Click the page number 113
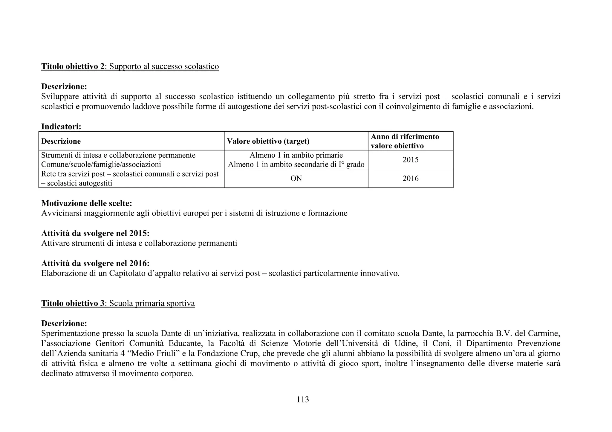tap(302, 399)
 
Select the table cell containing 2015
tap(410, 160)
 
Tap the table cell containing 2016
tap(410, 179)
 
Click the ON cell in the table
tap(296, 179)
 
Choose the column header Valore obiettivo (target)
tap(268, 141)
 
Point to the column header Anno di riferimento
tap(405, 137)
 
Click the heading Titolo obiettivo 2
tap(73, 66)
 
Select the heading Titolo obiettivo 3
tap(73, 303)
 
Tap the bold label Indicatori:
tap(61, 127)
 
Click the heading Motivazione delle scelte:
tap(87, 203)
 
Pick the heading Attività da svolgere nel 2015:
tap(95, 233)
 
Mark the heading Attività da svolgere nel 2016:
tap(95, 263)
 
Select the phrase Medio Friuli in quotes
tap(155, 353)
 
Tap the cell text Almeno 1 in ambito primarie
tap(296, 155)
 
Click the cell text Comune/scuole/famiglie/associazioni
tap(101, 165)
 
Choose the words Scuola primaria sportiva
tap(152, 303)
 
